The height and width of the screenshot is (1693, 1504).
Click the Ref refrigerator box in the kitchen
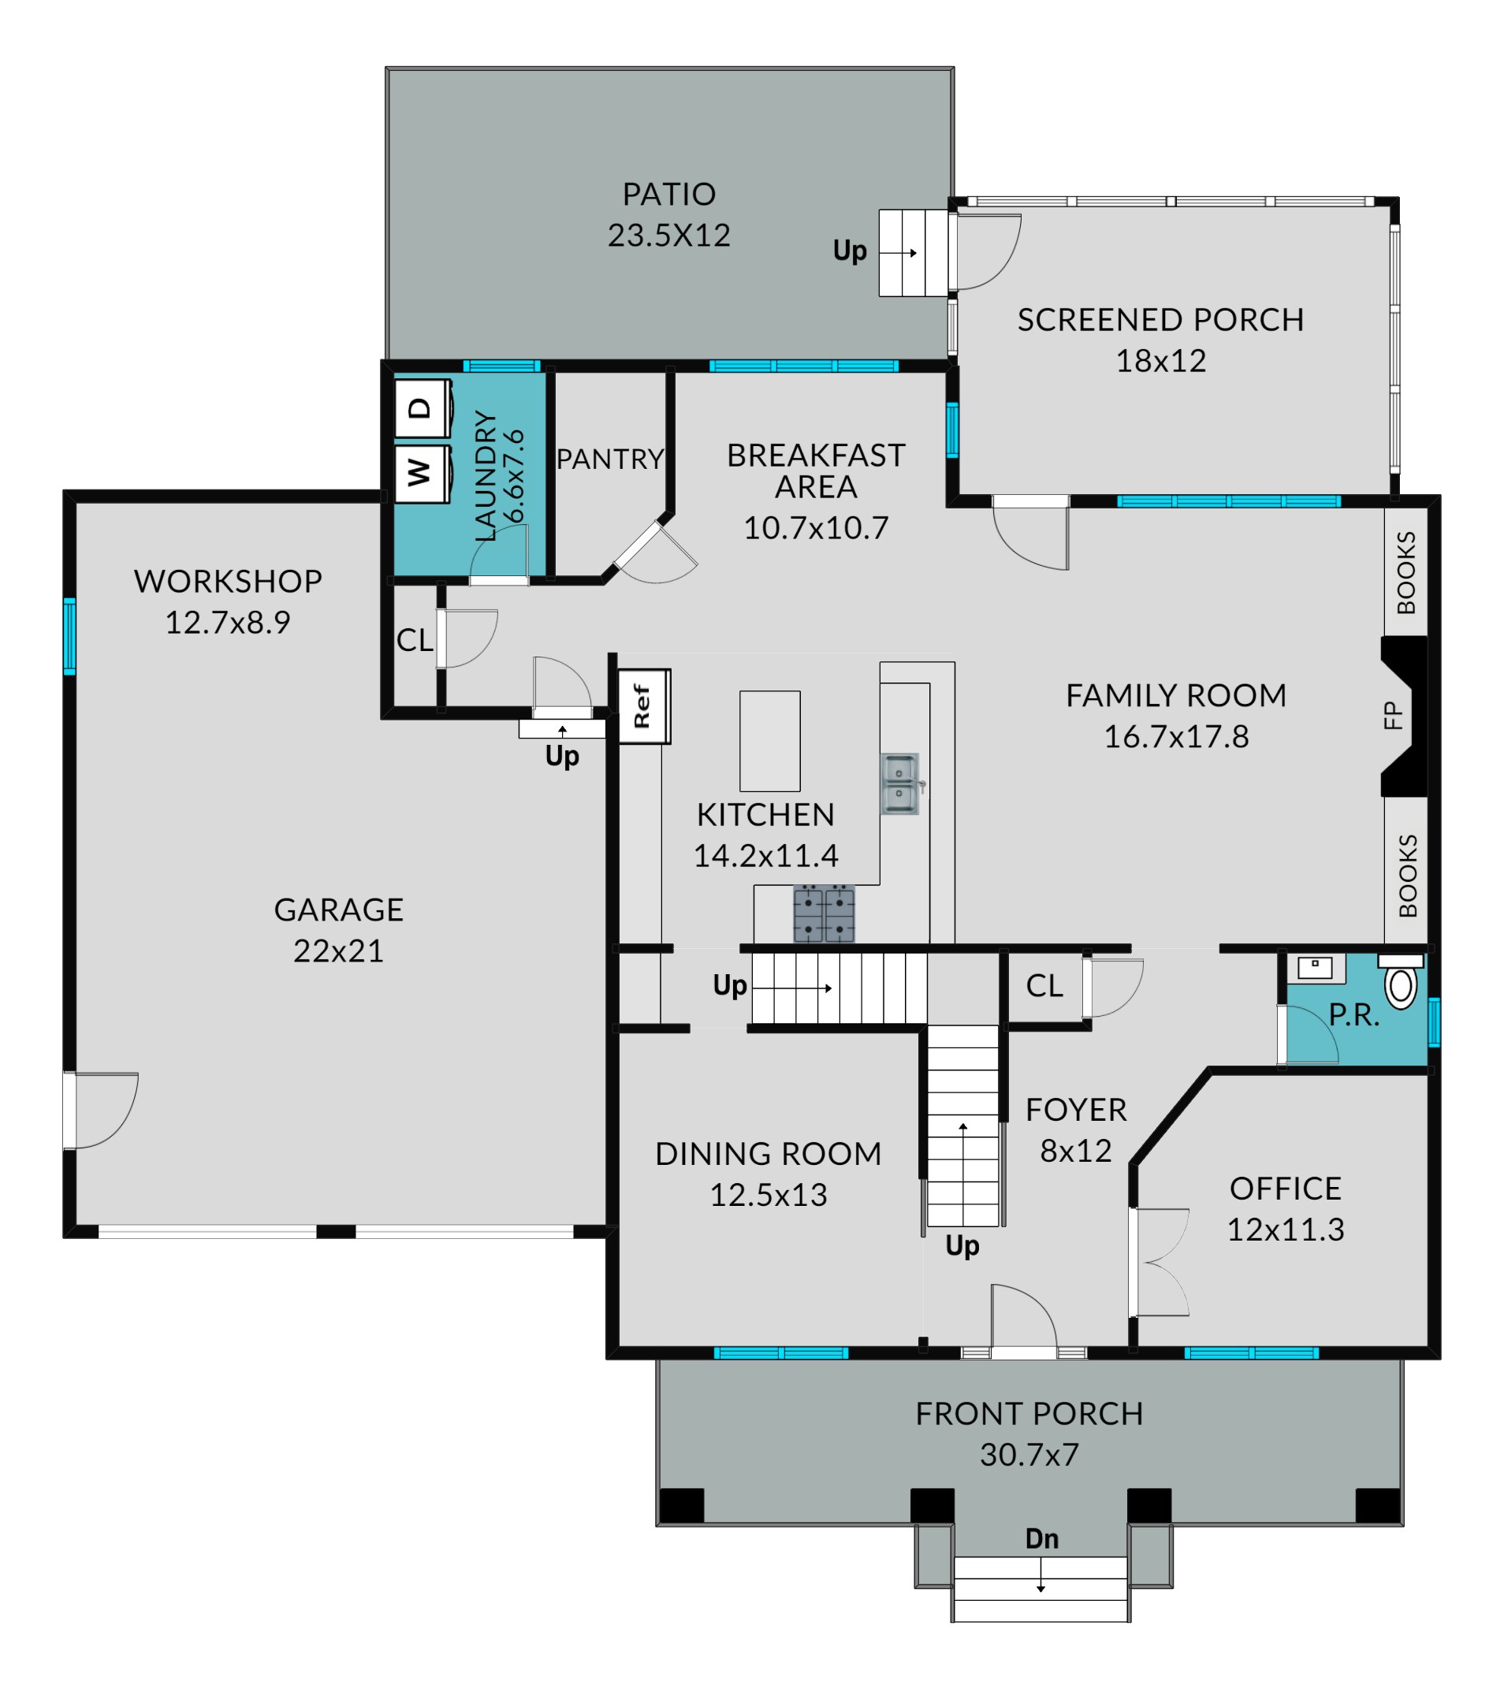643,706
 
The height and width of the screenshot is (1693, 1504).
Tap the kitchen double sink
900,783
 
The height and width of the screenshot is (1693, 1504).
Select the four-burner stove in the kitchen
824,913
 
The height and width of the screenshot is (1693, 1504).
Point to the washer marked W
423,474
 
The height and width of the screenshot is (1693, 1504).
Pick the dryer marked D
423,408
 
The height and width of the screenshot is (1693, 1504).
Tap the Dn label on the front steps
1042,1539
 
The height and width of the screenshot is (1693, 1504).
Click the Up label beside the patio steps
850,250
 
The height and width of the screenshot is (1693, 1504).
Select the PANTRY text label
610,459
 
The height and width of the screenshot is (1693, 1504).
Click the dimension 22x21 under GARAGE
339,951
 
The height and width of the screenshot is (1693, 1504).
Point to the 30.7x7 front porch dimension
1029,1454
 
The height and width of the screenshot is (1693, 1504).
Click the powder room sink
1315,967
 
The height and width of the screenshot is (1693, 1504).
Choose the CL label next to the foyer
1044,986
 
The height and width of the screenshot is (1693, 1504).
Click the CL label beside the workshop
415,640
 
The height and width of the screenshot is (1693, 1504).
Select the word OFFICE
1286,1189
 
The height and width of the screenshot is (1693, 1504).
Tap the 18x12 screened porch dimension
1161,361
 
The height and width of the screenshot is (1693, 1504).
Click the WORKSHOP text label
228,582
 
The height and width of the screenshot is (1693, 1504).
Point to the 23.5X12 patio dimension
669,235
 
